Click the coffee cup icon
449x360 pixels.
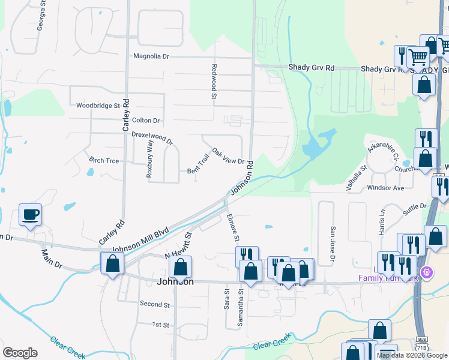tap(30, 214)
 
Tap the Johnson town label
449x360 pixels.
tap(175, 281)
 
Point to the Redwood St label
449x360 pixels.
tap(214, 78)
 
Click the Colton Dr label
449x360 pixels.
tap(146, 120)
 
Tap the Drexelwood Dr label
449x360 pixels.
tap(152, 138)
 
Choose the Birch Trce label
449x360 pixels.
tap(104, 161)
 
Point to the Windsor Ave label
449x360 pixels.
tap(385, 188)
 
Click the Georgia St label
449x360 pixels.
tap(41, 17)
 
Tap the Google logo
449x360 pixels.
tap(20, 353)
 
